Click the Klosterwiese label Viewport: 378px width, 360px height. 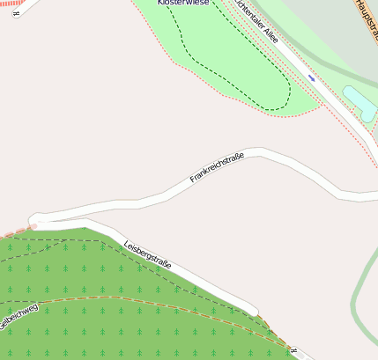coord(184,4)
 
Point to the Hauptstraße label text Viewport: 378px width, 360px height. coord(366,18)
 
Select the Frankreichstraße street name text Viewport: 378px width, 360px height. coord(217,168)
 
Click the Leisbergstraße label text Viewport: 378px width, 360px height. coord(147,254)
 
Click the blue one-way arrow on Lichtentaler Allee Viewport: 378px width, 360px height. coord(311,77)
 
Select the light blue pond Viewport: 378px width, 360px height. coord(359,103)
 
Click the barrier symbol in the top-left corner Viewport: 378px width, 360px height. coord(16,13)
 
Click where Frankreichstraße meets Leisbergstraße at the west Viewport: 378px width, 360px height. coord(37,219)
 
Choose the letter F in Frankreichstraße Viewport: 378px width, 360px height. coord(193,180)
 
